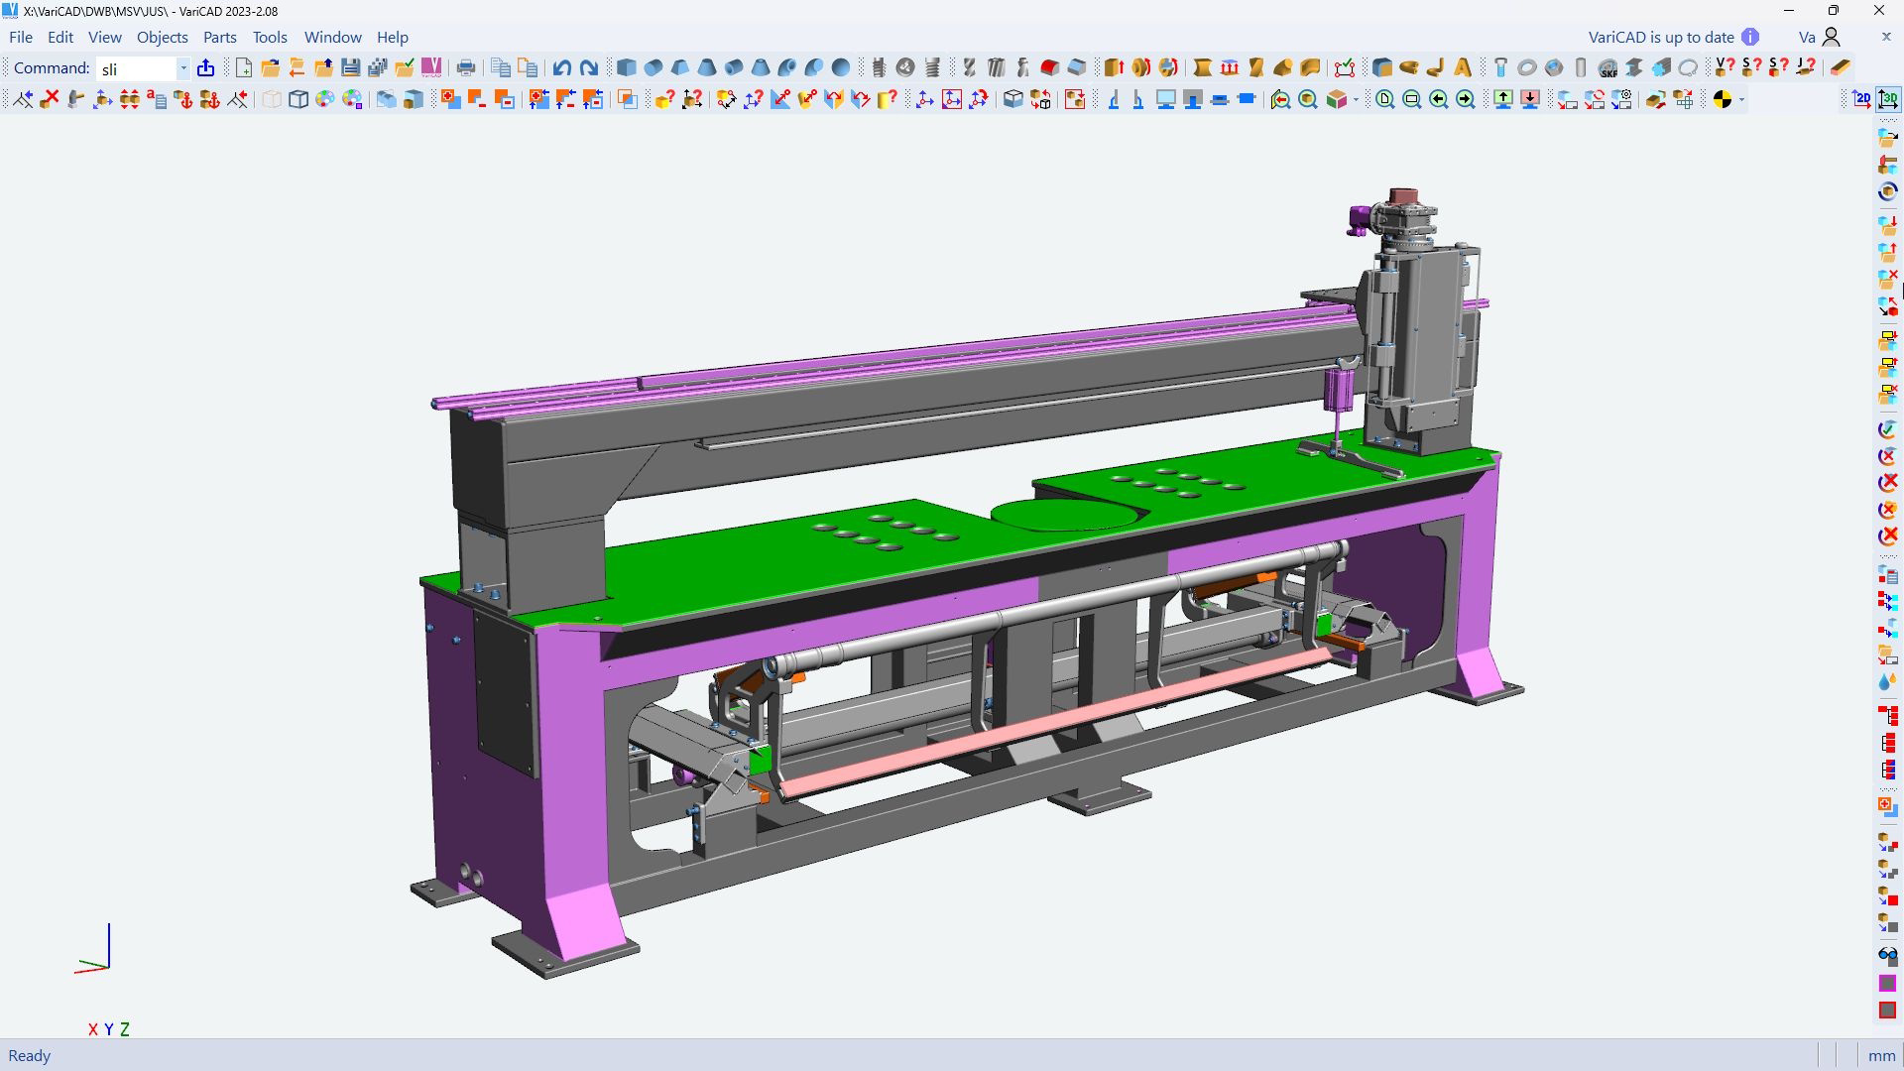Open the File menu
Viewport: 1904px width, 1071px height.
tap(21, 37)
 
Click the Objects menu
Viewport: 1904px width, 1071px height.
tap(162, 37)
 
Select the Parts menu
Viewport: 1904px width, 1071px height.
tap(219, 37)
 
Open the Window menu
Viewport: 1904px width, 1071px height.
tap(332, 37)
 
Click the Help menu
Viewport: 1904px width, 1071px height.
tap(392, 37)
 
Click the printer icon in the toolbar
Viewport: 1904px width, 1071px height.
tap(466, 67)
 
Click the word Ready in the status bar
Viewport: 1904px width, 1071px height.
tap(29, 1055)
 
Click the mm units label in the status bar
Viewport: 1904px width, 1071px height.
tap(1881, 1055)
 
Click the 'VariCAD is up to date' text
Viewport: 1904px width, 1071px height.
tap(1660, 37)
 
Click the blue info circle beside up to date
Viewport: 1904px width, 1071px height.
tap(1750, 37)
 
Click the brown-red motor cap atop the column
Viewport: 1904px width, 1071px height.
tap(1402, 195)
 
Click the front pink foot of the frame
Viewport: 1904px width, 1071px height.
tap(585, 917)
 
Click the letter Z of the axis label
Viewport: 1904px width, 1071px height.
tap(125, 1029)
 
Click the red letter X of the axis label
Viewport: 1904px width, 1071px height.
tap(93, 1029)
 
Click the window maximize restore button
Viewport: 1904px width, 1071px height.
tap(1833, 11)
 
